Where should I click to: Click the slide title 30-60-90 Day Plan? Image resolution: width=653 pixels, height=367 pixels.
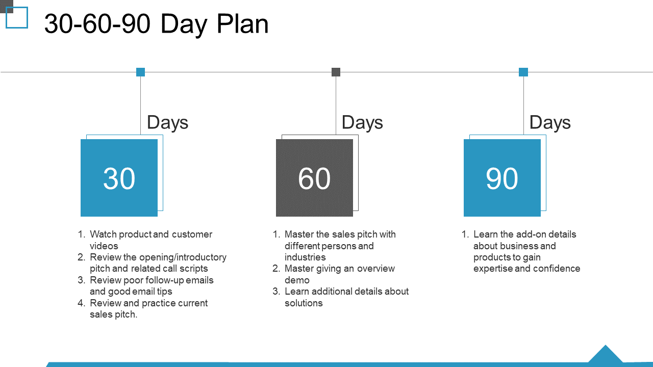156,24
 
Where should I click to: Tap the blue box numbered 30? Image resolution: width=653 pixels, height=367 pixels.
119,178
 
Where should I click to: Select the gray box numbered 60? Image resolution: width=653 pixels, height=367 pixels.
314,178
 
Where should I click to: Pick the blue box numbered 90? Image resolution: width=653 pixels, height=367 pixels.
502,178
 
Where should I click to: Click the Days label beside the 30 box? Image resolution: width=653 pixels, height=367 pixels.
168,123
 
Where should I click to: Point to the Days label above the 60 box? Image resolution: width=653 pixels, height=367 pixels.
362,123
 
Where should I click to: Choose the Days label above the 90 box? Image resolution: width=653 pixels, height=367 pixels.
550,123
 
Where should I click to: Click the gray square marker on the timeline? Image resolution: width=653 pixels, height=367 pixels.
336,72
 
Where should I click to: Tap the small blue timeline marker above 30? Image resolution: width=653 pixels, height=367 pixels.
140,72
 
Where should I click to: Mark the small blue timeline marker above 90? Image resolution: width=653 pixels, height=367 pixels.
523,72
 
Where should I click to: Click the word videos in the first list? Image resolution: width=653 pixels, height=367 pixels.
104,246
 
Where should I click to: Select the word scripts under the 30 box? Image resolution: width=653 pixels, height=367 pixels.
193,269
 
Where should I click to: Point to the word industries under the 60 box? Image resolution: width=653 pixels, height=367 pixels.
305,257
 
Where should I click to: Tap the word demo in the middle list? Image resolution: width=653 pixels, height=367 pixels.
297,280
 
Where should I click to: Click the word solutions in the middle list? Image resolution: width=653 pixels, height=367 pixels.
304,303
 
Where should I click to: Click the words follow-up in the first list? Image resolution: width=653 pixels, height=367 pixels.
165,280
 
